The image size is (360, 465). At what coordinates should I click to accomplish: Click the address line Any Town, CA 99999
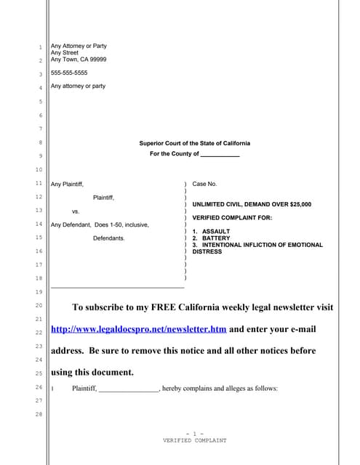[78, 60]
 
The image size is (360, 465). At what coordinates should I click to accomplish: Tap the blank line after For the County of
[220, 155]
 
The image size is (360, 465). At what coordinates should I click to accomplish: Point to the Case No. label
[204, 185]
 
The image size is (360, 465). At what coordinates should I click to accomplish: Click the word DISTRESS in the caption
[207, 252]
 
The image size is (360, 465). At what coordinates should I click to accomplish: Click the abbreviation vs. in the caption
[76, 211]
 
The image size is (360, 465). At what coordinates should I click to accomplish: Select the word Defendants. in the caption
[109, 238]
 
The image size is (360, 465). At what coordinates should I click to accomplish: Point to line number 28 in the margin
[39, 414]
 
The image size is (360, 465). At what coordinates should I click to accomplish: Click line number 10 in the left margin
[39, 170]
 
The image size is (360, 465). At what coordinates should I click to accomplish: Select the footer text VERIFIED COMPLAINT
[194, 440]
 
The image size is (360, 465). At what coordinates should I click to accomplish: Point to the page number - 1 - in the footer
[194, 434]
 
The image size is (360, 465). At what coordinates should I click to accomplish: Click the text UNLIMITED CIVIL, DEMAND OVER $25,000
[252, 205]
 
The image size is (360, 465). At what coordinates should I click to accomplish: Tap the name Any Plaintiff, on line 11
[67, 185]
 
